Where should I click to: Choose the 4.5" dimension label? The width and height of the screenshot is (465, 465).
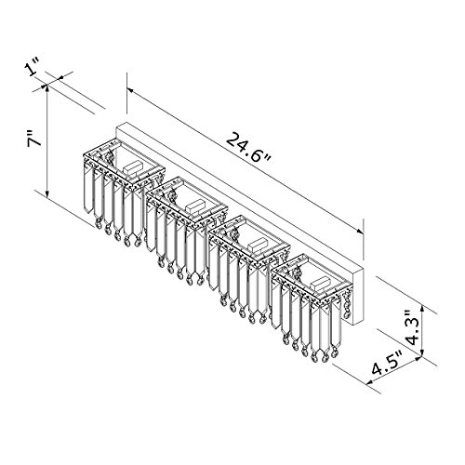point(387,364)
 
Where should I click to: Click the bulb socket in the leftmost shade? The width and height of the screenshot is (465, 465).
point(133,167)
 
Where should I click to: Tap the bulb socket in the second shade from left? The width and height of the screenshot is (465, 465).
point(195,206)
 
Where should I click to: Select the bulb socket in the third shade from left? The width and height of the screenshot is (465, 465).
point(259,245)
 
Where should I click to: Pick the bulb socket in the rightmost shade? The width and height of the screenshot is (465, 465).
point(321,283)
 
